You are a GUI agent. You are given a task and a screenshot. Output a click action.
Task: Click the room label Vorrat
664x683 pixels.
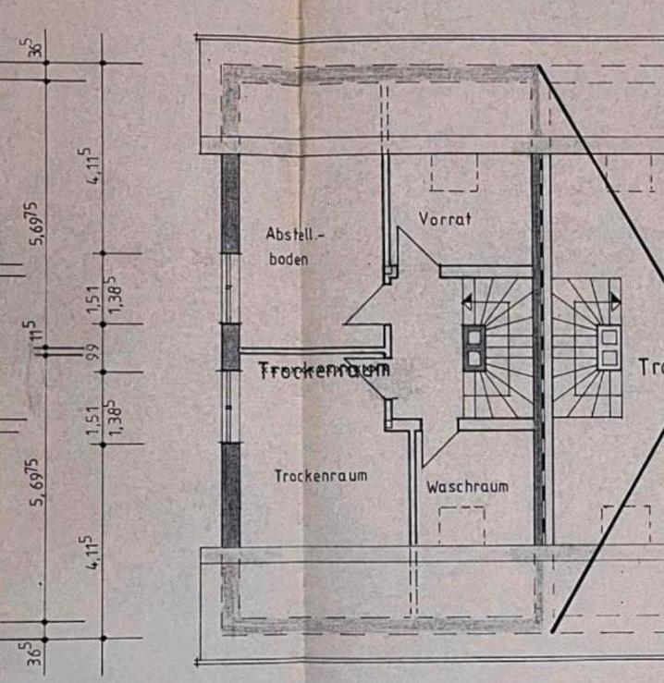coord(445,219)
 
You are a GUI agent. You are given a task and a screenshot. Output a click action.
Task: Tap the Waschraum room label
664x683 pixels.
coord(467,486)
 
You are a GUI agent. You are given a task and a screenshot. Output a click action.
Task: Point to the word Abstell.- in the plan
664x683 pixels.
coord(295,234)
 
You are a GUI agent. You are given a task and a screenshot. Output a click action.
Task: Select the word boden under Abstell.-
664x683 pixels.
coord(288,260)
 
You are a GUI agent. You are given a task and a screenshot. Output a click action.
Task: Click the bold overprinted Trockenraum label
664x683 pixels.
coord(324,369)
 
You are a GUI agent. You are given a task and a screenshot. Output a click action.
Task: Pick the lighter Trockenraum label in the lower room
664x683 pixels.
coord(320,476)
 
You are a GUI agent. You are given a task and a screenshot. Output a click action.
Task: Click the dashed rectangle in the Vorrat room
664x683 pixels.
coord(453,173)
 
